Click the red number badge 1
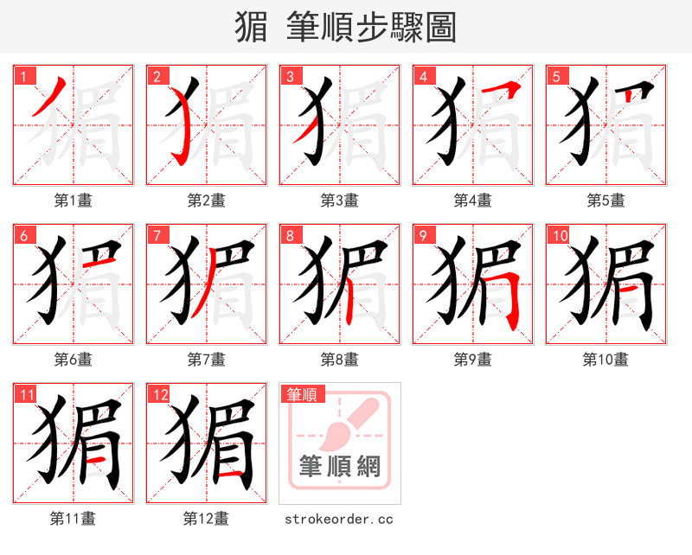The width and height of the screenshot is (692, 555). click(23, 75)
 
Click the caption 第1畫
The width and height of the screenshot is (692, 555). click(73, 201)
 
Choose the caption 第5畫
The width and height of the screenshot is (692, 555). click(605, 201)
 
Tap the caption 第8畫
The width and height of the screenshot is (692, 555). click(339, 359)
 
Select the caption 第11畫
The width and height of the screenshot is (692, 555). click(73, 519)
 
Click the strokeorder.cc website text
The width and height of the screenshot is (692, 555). click(339, 519)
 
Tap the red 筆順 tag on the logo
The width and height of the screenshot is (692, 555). click(302, 394)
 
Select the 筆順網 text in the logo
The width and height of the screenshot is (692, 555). click(339, 468)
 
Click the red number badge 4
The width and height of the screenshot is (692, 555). click(423, 75)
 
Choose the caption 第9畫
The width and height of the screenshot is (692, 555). click(472, 359)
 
